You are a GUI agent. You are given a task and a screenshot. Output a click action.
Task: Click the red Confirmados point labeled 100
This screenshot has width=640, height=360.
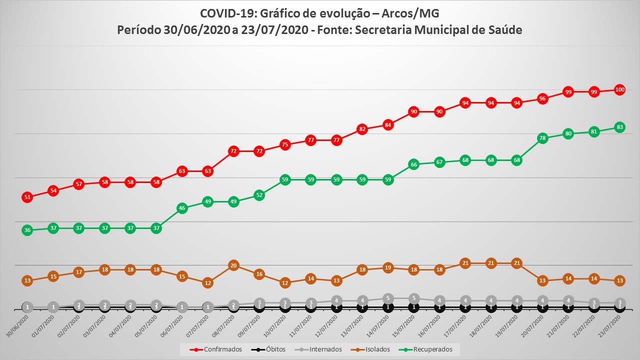coord(619,90)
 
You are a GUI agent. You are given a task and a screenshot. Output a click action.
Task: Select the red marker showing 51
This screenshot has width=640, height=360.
coord(27,197)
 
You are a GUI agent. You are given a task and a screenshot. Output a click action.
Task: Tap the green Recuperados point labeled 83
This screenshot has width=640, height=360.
coord(619,127)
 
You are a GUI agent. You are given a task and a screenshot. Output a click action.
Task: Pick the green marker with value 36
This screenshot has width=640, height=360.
coord(27,230)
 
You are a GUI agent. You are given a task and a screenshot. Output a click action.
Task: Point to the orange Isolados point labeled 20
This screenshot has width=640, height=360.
coord(233,265)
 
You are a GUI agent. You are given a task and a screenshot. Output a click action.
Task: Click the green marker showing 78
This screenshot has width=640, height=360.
coord(542,138)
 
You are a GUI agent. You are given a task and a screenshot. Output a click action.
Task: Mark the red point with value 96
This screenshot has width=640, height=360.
coord(542,98)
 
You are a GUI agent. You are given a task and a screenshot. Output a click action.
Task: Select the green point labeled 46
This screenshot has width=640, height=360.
coord(182,208)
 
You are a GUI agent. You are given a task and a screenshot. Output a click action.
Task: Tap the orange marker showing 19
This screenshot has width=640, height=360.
coord(387,267)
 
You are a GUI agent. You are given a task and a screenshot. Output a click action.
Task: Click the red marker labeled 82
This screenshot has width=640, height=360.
coord(362,129)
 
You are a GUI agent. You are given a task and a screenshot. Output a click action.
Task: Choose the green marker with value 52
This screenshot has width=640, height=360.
coord(259,195)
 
